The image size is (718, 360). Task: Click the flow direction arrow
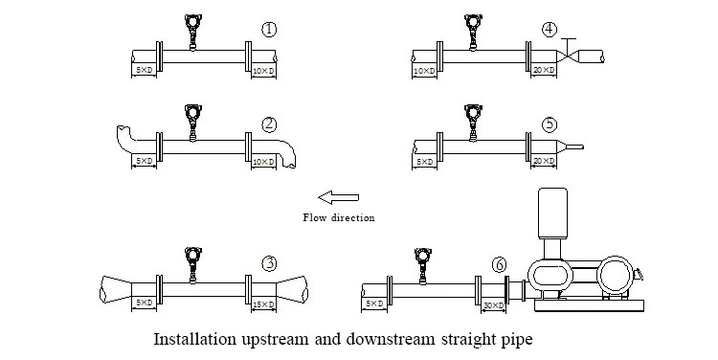(338, 198)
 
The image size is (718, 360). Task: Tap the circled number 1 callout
(269, 30)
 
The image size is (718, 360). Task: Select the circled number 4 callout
(550, 30)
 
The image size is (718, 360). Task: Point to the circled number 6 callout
(500, 264)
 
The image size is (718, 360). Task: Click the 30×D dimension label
(494, 305)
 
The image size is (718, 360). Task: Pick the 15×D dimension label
(263, 304)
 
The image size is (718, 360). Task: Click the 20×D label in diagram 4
(544, 70)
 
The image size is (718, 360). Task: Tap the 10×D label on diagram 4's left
(424, 71)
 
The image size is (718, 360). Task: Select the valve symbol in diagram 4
(568, 53)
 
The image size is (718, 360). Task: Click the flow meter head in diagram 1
(192, 22)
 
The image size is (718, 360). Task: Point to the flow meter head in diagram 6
(422, 257)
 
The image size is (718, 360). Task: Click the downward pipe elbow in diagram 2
(285, 153)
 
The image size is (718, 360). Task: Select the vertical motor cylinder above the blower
(552, 214)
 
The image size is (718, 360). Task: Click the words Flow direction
(338, 217)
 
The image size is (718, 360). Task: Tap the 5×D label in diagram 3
(145, 303)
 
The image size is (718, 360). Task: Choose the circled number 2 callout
(269, 124)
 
